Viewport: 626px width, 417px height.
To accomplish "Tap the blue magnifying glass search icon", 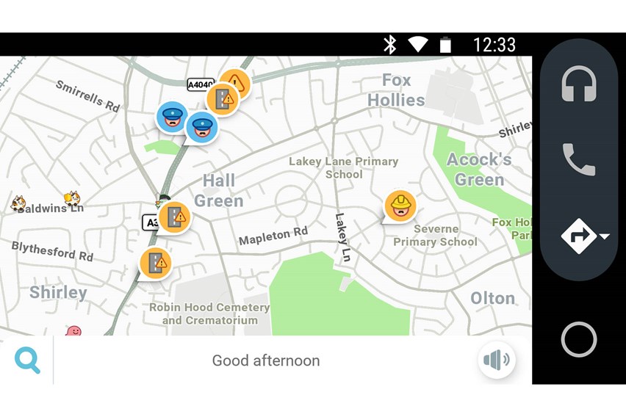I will point(27,360).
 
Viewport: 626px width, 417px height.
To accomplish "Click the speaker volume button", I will point(497,360).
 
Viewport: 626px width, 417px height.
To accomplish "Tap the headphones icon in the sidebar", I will point(578,84).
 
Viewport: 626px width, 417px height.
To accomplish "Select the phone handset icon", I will point(578,159).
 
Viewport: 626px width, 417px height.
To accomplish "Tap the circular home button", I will point(578,339).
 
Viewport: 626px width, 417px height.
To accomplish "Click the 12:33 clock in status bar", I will point(494,45).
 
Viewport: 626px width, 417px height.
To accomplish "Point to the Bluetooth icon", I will point(390,45).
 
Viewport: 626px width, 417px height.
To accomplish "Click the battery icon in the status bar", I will point(445,45).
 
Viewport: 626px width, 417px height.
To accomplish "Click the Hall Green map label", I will point(219,190).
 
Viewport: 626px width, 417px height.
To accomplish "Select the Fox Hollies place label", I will point(396,90).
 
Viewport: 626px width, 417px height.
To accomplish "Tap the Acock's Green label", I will point(478,170).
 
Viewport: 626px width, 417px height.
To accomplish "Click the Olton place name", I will point(492,297).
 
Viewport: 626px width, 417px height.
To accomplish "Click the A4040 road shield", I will point(200,84).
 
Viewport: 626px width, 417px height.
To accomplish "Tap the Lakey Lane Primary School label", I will point(343,167).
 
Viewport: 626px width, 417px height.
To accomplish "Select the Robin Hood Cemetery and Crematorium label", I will point(209,313).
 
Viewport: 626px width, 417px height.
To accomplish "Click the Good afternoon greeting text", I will point(266,360).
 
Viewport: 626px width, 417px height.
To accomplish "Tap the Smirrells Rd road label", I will point(87,96).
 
